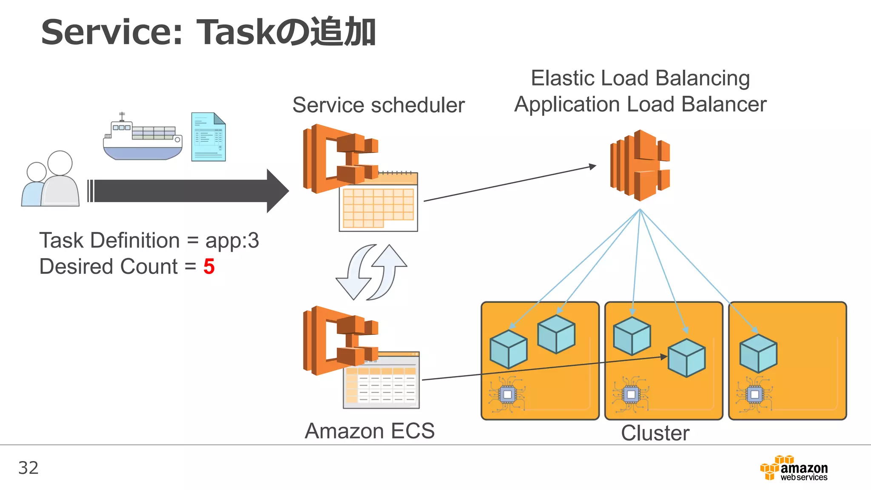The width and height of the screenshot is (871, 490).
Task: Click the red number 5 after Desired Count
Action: (x=209, y=267)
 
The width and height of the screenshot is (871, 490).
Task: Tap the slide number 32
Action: (x=28, y=468)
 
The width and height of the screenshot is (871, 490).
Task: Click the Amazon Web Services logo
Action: (x=794, y=468)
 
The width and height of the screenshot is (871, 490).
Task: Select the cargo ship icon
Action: (x=142, y=138)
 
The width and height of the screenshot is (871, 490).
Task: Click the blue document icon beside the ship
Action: (x=208, y=137)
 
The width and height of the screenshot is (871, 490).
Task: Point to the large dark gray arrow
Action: (x=187, y=191)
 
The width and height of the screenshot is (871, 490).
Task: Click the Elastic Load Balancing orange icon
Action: (x=640, y=165)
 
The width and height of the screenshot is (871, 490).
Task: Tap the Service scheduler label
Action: (x=379, y=105)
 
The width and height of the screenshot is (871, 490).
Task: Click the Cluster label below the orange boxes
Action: (x=655, y=433)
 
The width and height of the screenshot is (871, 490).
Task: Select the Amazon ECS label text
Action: (x=370, y=431)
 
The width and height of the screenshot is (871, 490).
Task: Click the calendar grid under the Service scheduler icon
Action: (x=378, y=206)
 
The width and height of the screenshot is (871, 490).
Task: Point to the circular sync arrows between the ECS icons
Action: (x=371, y=272)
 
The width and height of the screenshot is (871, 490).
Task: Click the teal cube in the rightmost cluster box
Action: (x=758, y=353)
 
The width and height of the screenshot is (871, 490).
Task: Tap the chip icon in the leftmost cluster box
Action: (x=507, y=394)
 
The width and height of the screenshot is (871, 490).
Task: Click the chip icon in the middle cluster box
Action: (x=631, y=394)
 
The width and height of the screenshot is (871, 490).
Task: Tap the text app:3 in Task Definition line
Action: (x=232, y=241)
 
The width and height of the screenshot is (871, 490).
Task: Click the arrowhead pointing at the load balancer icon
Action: (x=592, y=166)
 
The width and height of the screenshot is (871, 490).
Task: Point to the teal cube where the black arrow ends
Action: (x=686, y=358)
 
